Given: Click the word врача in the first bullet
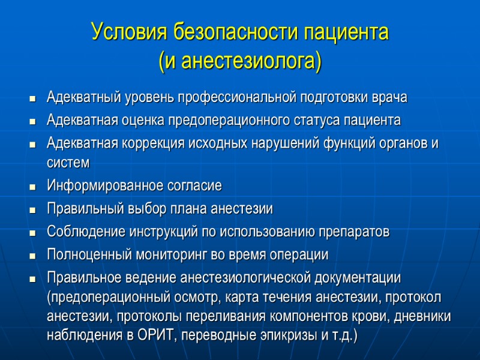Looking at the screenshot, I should pos(391,97).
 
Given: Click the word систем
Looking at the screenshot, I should pos(68,163).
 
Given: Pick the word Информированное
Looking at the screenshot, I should pos(96,186).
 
